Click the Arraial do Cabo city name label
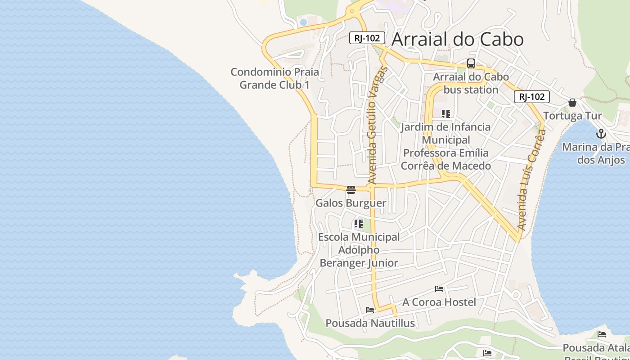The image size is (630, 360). point(457,40)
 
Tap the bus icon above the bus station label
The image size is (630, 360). point(471,63)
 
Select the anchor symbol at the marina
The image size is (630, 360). point(601,134)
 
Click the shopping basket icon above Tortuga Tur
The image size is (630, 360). point(572,103)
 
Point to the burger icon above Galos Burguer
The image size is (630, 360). point(351,190)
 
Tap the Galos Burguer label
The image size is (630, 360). point(351,203)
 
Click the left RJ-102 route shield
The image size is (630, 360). point(367,38)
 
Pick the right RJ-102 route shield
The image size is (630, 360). point(531,96)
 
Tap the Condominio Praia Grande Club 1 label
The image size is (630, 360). point(274,78)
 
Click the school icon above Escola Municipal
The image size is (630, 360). point(359,223)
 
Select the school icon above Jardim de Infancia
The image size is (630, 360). point(446,113)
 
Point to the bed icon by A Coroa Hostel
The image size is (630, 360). point(439,289)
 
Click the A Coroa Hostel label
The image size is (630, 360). point(439,302)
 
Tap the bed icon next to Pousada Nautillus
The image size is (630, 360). point(370,310)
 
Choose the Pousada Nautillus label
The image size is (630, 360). point(370,323)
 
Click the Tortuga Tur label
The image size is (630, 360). point(572,116)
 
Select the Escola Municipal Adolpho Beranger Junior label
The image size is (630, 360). point(359,250)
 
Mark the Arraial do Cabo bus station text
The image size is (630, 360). point(471,83)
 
